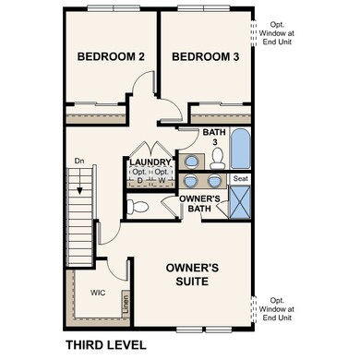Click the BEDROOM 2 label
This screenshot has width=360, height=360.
(111, 57)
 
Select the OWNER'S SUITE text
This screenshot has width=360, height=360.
(192, 275)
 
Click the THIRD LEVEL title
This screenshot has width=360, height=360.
(105, 345)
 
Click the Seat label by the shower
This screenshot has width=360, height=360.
(240, 178)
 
